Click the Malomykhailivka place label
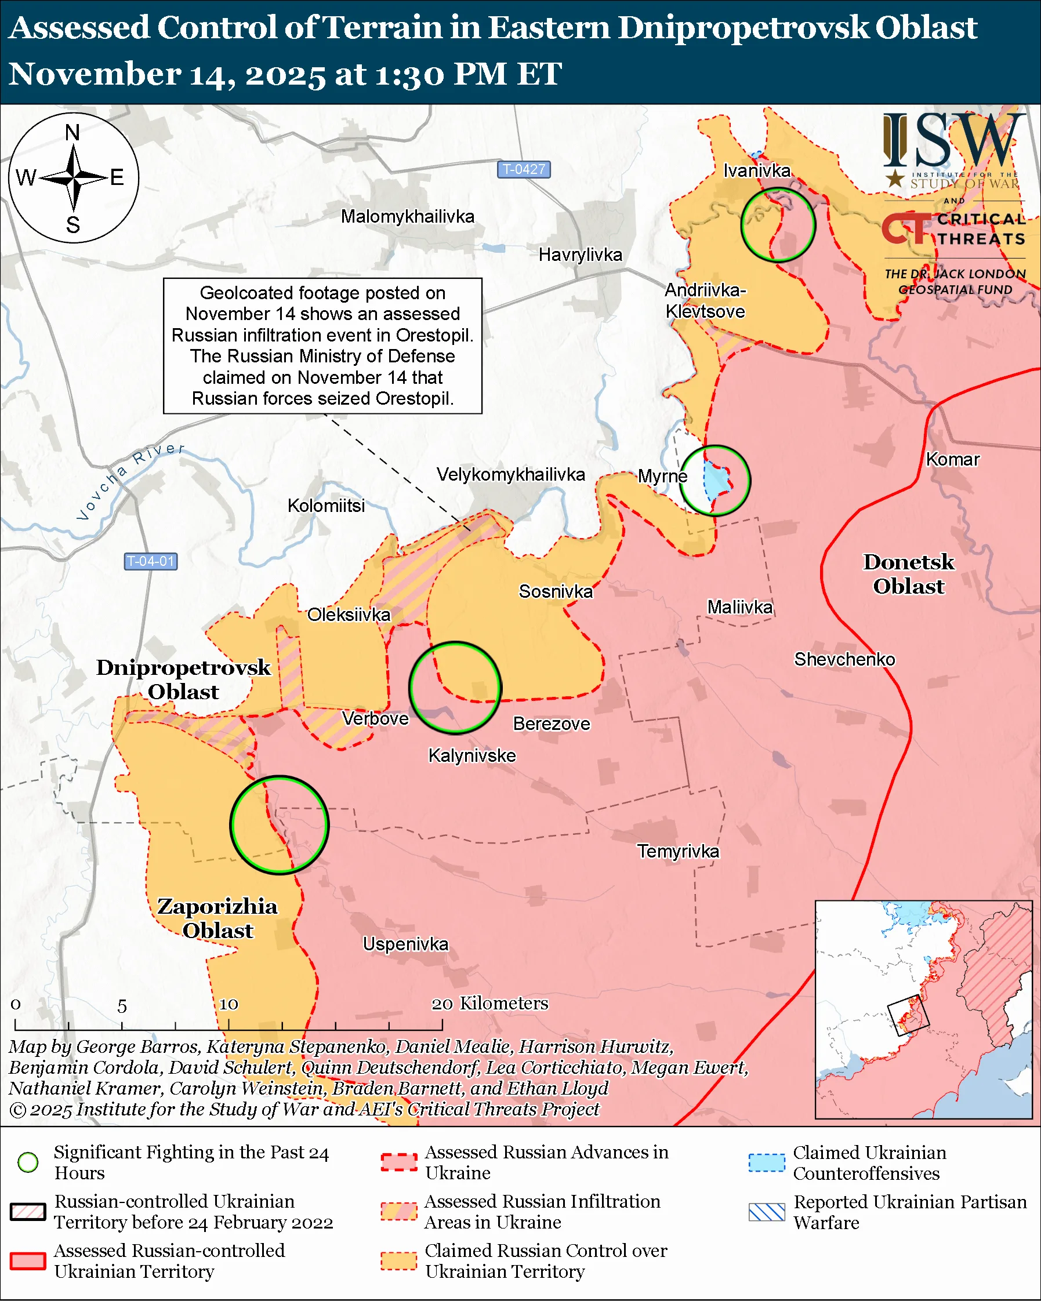[407, 217]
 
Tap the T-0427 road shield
[523, 169]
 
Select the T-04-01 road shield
[150, 561]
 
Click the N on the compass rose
[72, 133]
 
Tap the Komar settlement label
[952, 459]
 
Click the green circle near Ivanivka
[778, 224]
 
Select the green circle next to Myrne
[715, 480]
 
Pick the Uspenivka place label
[405, 944]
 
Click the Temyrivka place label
[679, 852]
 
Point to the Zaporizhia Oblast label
[217, 918]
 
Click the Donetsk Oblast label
[908, 574]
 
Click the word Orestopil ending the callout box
[414, 398]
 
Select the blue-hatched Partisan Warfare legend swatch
[767, 1212]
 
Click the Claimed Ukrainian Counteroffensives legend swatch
[767, 1162]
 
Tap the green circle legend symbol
[28, 1162]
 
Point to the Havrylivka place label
[580, 255]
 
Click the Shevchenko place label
[844, 659]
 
